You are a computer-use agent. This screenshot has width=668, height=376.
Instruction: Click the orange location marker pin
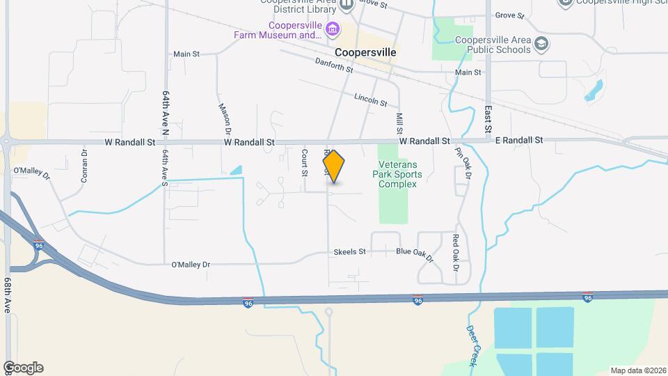[334, 166]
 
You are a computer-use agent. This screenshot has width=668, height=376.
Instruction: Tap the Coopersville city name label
[365, 52]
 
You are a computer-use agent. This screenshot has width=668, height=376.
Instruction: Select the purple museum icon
[334, 29]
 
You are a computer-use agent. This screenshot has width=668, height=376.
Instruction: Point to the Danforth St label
[335, 65]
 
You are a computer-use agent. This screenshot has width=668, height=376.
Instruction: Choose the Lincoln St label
[370, 100]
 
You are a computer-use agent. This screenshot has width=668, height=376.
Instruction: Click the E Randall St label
[518, 140]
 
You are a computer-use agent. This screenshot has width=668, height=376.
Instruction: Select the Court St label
[305, 162]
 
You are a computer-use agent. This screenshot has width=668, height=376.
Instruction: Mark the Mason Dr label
[225, 118]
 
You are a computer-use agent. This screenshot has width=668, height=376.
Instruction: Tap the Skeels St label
[349, 251]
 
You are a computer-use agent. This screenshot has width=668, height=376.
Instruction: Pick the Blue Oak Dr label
[415, 255]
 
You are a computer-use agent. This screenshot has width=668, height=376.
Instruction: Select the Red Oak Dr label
[456, 253]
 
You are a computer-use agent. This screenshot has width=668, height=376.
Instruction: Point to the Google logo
[23, 368]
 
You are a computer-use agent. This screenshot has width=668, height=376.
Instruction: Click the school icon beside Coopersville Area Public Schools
[541, 45]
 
